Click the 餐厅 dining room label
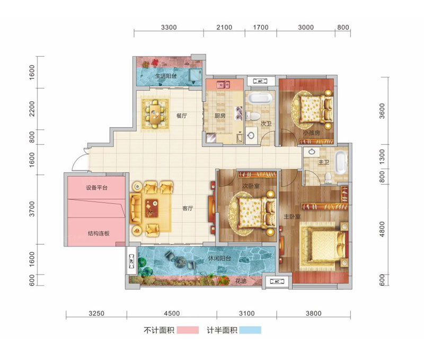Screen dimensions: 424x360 pos(181,116)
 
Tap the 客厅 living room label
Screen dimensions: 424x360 pos(188,208)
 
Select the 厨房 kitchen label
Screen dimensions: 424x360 pos(219,116)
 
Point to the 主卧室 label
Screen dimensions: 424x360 pos(292,217)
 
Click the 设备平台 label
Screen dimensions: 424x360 pos(96,188)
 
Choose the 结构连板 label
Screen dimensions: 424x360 pos(99,233)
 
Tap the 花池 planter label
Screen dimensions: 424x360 pos(241,281)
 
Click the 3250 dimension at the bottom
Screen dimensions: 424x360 pos(96,313)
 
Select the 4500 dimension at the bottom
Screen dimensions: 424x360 pos(172,313)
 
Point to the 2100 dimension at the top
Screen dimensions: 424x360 pos(224,28)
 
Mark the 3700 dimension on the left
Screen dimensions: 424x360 pos(32,209)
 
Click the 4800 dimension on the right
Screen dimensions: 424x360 pos(382,230)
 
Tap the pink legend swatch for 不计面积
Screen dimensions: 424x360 pos(188,330)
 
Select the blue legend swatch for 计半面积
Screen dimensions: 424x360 pos(250,330)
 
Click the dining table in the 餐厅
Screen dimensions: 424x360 pos(155,115)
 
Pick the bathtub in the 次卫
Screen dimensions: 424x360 pos(260,98)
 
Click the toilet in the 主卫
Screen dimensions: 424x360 pos(328,177)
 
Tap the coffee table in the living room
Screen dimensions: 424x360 pos(152,208)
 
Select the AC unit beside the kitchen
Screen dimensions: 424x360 pos(260,81)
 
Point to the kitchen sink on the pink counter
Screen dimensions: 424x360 pos(223,84)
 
